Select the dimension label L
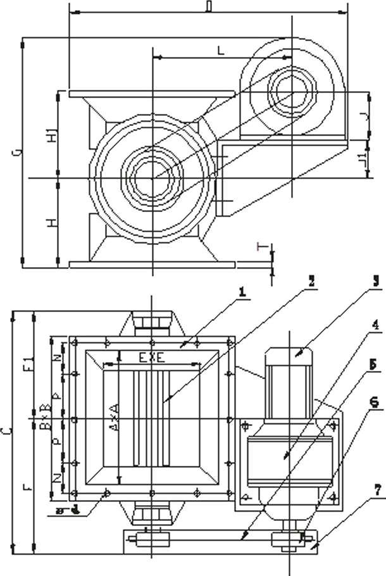point(220,51)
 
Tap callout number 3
point(375,280)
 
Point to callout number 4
point(375,326)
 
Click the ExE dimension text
point(152,358)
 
